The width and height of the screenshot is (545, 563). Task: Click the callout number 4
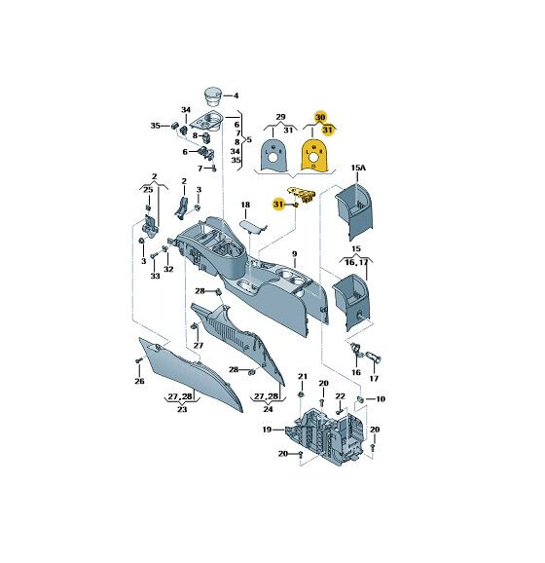coord(236,95)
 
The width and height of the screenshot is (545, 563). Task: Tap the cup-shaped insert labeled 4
coord(213,95)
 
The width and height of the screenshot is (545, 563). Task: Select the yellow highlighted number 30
coord(320,117)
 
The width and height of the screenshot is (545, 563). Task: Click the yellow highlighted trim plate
coord(314,156)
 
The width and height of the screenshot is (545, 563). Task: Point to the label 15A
coord(358,168)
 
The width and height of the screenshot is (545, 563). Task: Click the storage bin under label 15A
coord(354,210)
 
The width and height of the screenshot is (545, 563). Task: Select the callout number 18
coord(245,205)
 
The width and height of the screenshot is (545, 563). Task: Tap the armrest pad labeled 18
coord(252,227)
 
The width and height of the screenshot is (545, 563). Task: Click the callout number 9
coord(295,254)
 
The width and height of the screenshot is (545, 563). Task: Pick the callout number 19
coord(267,430)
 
